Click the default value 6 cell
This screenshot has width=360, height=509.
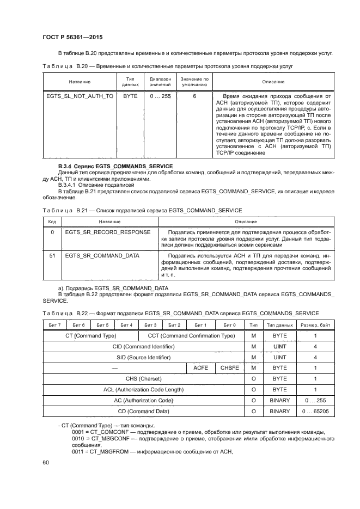click(x=194, y=96)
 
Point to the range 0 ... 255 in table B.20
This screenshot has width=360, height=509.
click(x=161, y=96)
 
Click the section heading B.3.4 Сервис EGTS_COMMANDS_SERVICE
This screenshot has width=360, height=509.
click(x=115, y=166)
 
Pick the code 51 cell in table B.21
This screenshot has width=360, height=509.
click(x=52, y=255)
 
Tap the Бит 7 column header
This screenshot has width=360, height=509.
click(x=55, y=325)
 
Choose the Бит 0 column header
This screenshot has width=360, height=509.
click(x=230, y=325)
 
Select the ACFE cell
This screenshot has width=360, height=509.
click(x=201, y=368)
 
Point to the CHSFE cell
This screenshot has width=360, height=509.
click(x=230, y=368)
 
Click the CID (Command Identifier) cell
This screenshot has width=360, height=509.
click(x=143, y=347)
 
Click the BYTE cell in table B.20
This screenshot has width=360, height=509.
click(x=130, y=96)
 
